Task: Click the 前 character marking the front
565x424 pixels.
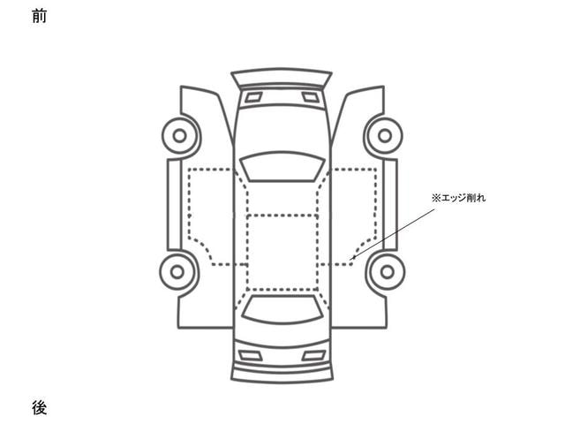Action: [39, 16]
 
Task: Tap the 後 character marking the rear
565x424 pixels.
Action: [39, 407]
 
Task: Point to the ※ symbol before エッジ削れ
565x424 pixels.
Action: [436, 198]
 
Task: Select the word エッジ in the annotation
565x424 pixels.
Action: [453, 198]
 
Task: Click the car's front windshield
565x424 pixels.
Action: [282, 166]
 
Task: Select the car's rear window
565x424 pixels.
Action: [282, 309]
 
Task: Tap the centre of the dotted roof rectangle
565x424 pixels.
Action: [282, 253]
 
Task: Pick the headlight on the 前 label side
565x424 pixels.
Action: [253, 97]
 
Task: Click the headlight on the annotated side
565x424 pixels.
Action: [310, 97]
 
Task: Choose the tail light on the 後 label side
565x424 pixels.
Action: [251, 356]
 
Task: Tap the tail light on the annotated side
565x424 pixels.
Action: [313, 356]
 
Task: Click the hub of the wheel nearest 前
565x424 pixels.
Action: [179, 136]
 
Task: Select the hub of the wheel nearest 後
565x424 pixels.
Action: [177, 272]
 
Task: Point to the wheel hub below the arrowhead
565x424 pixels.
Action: [388, 272]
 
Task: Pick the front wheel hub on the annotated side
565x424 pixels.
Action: [385, 136]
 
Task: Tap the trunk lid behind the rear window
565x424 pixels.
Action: [282, 334]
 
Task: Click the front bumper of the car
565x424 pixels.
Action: [282, 77]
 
